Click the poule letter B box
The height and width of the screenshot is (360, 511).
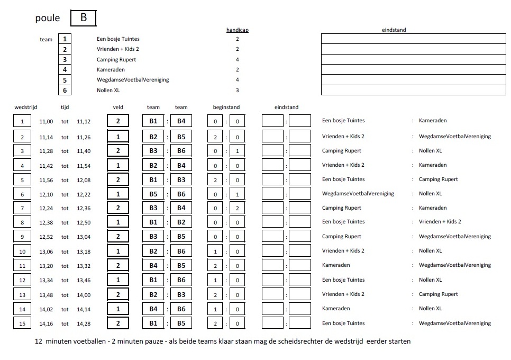pyautogui.click(x=83, y=18)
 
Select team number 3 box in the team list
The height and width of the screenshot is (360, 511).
pyautogui.click(x=65, y=59)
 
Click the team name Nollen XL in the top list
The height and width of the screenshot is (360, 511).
pyautogui.click(x=109, y=90)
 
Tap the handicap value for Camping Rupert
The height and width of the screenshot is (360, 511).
pyautogui.click(x=238, y=59)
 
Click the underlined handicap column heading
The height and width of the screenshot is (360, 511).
pyautogui.click(x=238, y=30)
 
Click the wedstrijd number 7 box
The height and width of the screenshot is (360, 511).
pyautogui.click(x=22, y=208)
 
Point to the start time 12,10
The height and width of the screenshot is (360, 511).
pyautogui.click(x=46, y=194)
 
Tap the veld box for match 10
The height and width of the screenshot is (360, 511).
pyautogui.click(x=118, y=251)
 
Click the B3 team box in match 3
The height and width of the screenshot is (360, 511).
pyautogui.click(x=153, y=151)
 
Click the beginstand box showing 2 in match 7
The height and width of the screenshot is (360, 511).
pyautogui.click(x=237, y=208)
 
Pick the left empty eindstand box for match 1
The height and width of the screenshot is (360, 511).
pyautogui.click(x=273, y=121)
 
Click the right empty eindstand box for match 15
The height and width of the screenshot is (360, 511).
pyautogui.click(x=300, y=323)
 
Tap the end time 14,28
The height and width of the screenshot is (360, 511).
pyautogui.click(x=84, y=323)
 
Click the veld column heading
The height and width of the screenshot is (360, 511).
pyautogui.click(x=118, y=107)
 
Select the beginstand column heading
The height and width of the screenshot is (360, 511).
pyautogui.click(x=226, y=107)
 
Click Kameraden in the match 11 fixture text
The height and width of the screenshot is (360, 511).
pyautogui.click(x=336, y=265)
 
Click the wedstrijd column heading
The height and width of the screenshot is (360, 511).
pyautogui.click(x=26, y=107)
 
